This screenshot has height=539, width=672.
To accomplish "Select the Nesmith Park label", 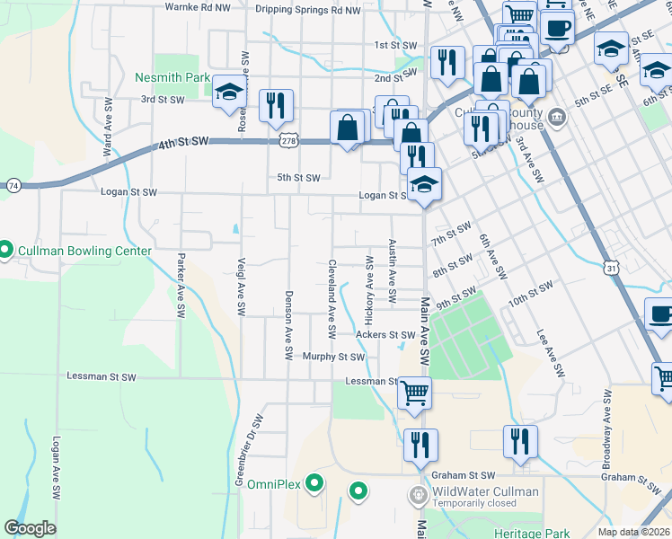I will coord(172,78).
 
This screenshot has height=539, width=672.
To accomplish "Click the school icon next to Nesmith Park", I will coord(229,91).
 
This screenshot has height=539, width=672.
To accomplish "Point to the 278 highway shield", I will coord(287,140).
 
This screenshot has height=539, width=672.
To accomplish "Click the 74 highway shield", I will coord(13,185).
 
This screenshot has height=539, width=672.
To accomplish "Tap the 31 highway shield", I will coord(611,268).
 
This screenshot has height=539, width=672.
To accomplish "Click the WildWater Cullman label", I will coord(485,491).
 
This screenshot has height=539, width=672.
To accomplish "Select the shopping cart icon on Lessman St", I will coord(413,392).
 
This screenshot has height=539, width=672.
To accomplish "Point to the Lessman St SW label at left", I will coord(102,376).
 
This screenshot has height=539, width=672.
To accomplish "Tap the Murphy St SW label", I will coord(333,357).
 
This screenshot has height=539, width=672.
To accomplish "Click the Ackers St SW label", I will coord(385,335).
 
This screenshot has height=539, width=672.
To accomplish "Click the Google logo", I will coord(30,528).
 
